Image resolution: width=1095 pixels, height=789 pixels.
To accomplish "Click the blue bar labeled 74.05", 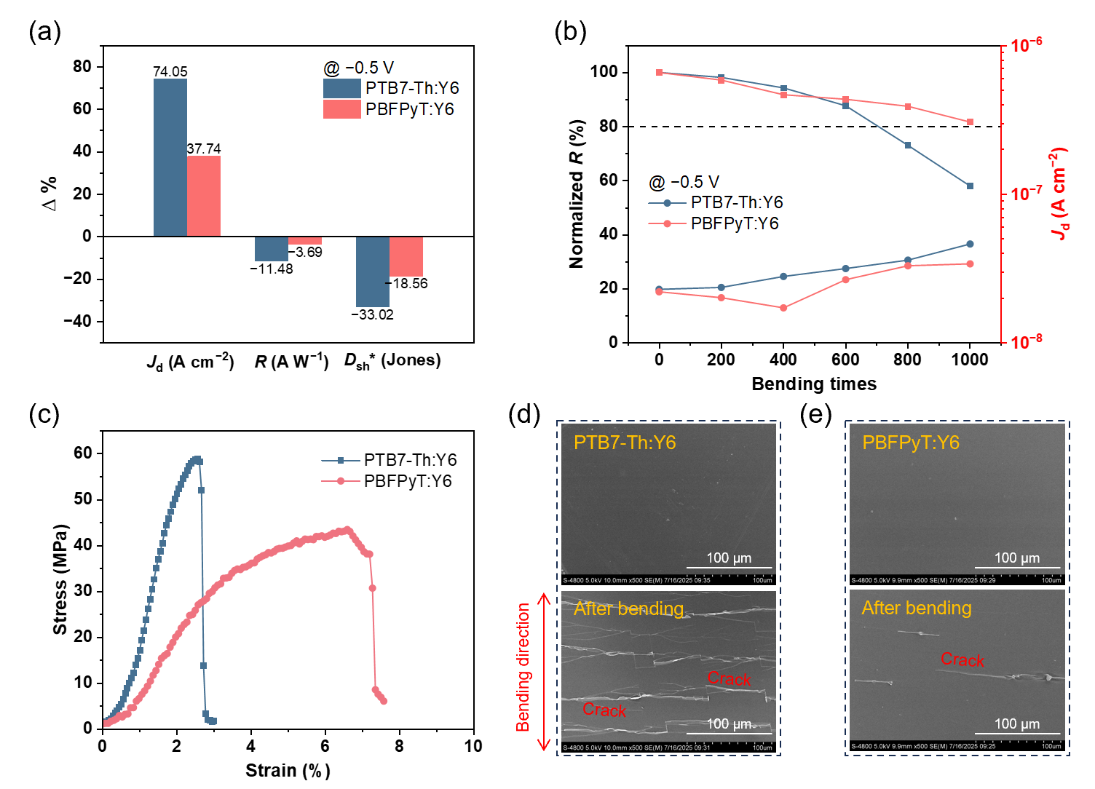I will pyautogui.click(x=170, y=156).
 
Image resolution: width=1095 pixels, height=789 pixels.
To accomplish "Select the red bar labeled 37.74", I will pyautogui.click(x=204, y=196).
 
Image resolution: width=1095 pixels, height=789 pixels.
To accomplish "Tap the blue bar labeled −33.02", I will pyautogui.click(x=372, y=271).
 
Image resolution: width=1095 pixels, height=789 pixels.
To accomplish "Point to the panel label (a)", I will pyautogui.click(x=44, y=31).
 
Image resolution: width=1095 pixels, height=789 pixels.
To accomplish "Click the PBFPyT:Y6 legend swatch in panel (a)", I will pyautogui.click(x=341, y=109).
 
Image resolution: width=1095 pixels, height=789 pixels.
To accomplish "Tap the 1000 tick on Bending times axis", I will pyautogui.click(x=970, y=360).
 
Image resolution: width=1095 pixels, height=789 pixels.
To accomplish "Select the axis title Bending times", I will pyautogui.click(x=814, y=384).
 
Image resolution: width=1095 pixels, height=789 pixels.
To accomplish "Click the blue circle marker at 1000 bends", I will pyautogui.click(x=970, y=244).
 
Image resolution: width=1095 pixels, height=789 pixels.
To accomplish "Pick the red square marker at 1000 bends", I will pyautogui.click(x=970, y=122).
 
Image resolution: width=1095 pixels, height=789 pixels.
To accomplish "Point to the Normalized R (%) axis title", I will pyautogui.click(x=577, y=194).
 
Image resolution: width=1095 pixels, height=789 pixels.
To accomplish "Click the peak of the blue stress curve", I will pyautogui.click(x=196, y=459).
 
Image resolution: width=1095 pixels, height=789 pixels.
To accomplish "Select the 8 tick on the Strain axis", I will pyautogui.click(x=399, y=746).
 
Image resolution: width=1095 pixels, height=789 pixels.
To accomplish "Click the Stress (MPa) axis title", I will pyautogui.click(x=60, y=579).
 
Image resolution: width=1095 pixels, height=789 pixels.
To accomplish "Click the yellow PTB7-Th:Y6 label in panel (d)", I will pyautogui.click(x=625, y=443).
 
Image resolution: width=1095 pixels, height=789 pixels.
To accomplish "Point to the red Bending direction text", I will pyautogui.click(x=523, y=667).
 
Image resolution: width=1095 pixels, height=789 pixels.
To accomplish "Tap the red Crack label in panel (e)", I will pyautogui.click(x=962, y=659).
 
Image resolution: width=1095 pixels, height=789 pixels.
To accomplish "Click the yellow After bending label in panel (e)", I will pyautogui.click(x=917, y=608).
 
